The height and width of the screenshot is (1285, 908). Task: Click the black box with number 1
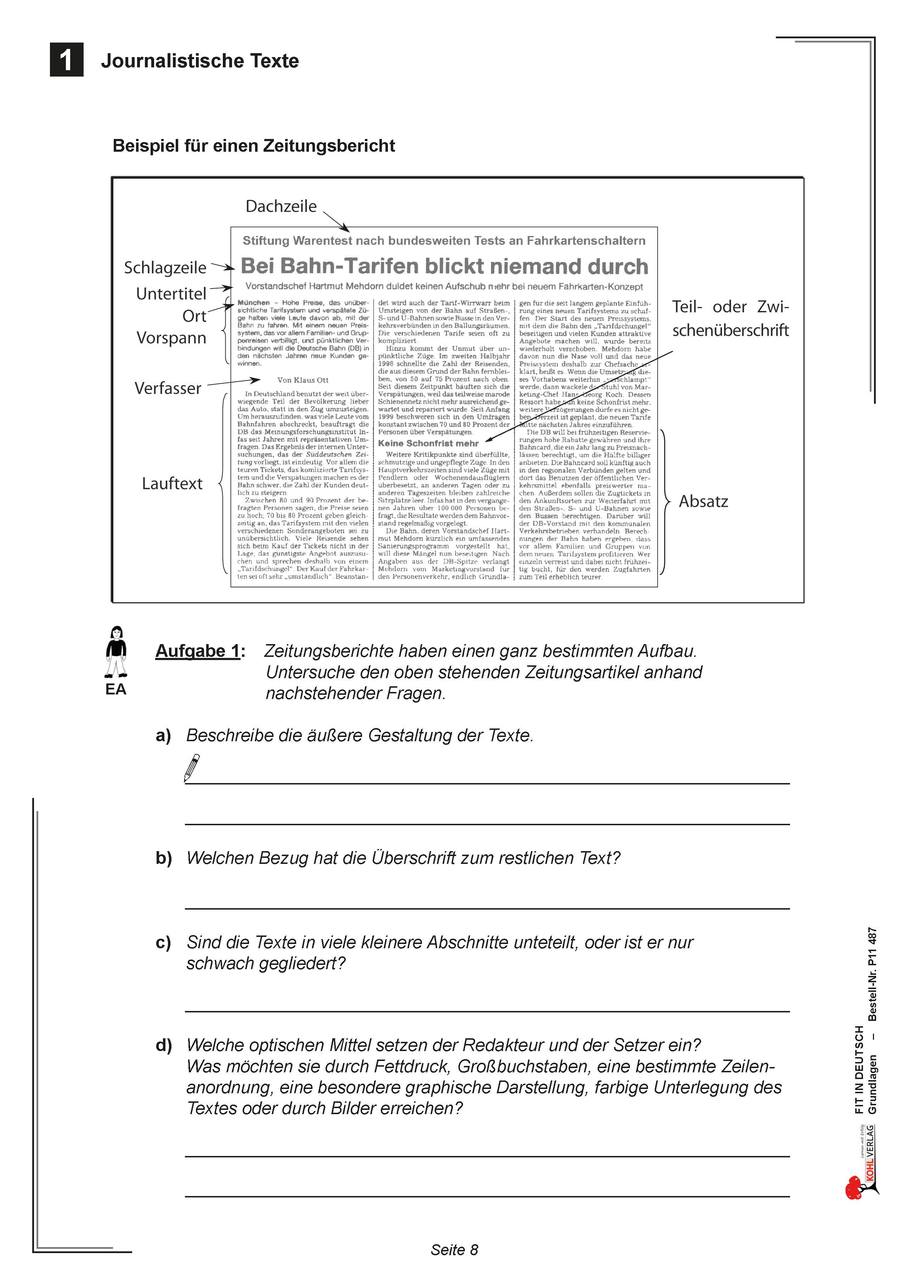point(67,60)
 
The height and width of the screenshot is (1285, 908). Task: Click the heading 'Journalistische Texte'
point(200,61)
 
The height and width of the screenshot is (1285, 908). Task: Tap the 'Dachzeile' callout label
point(281,207)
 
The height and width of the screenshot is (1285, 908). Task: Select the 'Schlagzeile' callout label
point(165,268)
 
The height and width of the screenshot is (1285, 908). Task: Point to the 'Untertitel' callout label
point(171,294)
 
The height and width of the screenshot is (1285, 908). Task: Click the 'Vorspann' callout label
point(171,338)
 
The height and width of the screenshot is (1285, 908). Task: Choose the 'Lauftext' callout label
point(172,484)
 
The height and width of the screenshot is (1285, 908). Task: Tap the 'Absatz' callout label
point(703,502)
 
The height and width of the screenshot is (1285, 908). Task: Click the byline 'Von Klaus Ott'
point(303,380)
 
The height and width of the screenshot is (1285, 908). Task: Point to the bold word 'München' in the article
point(253,303)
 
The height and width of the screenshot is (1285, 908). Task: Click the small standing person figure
point(116,652)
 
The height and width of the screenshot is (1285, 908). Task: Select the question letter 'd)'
point(163,1045)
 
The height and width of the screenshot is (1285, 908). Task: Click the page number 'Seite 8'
point(454,1250)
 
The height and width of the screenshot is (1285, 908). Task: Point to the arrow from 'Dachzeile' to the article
point(336,221)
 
